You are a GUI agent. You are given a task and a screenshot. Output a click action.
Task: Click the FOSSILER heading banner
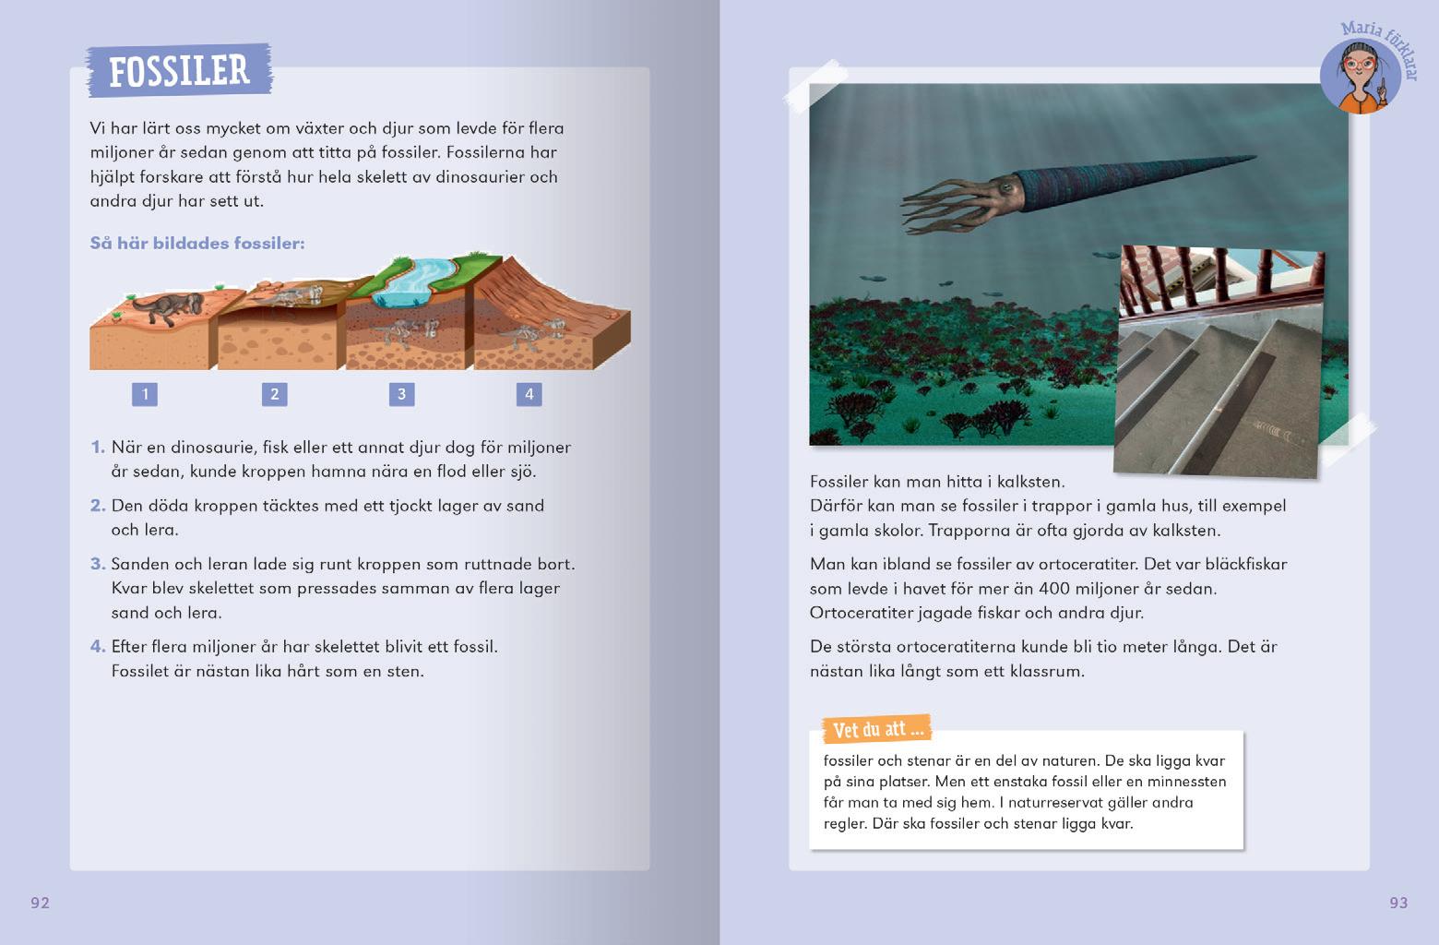click(179, 70)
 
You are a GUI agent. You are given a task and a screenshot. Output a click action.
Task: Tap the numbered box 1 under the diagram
click(145, 394)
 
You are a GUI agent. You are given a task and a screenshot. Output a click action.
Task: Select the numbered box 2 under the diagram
click(274, 394)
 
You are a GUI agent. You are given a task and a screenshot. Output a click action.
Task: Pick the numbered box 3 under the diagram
click(401, 394)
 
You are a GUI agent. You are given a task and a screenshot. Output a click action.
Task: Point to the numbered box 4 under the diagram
click(529, 394)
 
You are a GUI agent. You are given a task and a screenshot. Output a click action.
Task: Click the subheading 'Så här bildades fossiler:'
click(196, 244)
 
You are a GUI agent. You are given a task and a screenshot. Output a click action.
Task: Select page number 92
click(40, 903)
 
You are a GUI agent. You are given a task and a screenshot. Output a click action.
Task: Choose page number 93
click(1398, 903)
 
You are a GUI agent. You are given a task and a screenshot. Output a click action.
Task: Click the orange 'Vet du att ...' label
click(877, 730)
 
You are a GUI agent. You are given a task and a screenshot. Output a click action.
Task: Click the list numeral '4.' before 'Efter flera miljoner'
click(98, 647)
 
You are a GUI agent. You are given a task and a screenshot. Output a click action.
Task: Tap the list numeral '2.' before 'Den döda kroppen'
click(98, 506)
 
